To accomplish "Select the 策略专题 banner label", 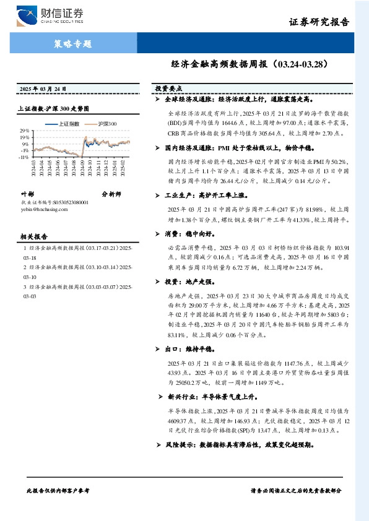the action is (x=69, y=44).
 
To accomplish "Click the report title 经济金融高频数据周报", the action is (x=220, y=64).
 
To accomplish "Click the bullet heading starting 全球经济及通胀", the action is (x=238, y=99).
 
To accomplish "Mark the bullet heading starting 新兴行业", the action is (x=211, y=397).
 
